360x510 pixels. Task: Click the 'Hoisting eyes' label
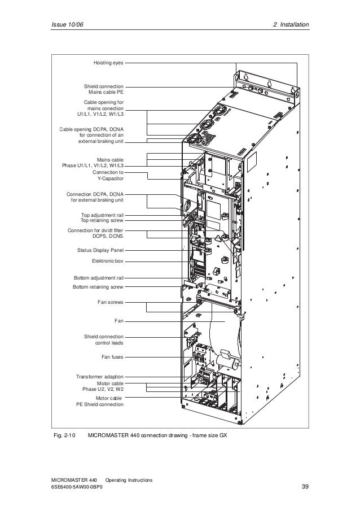[x=108, y=63]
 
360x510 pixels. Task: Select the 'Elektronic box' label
[x=107, y=261]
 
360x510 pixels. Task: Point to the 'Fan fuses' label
[x=112, y=357]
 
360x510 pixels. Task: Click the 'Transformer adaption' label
[x=100, y=376]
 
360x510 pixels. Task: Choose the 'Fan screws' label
[x=111, y=302]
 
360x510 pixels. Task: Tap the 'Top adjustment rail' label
[x=102, y=215]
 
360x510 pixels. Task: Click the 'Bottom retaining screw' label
[x=98, y=287]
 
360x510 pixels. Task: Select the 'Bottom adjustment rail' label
[x=99, y=278]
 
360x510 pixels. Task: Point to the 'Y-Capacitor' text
[x=108, y=178]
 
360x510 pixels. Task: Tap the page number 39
[x=305, y=487]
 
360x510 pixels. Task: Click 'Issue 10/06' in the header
[x=66, y=25]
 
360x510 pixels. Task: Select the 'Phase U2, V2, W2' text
[x=103, y=389]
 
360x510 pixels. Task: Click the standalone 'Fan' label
[x=118, y=321]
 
